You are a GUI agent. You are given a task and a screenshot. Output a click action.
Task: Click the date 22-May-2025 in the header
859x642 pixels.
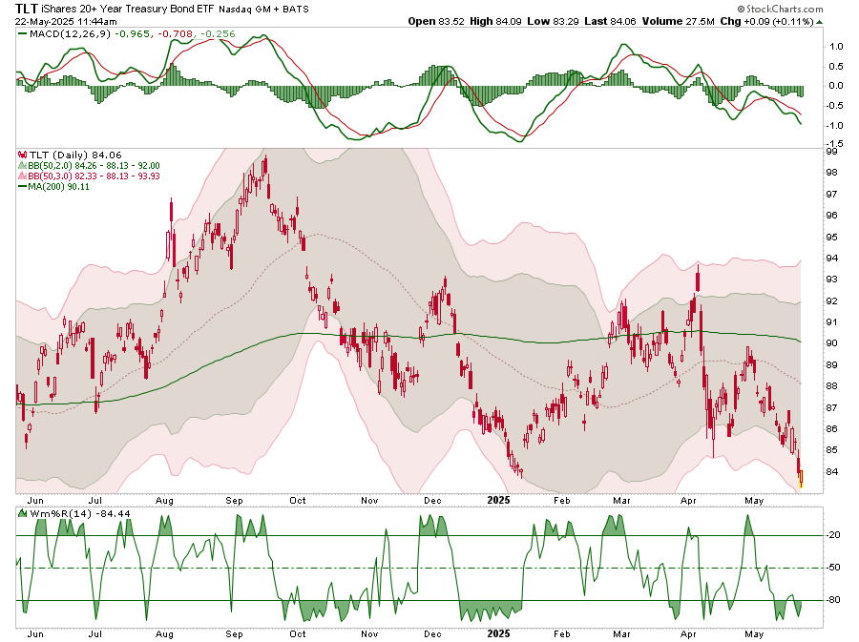pos(48,21)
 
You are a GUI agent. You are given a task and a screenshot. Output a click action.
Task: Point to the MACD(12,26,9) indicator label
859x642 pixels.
pos(59,34)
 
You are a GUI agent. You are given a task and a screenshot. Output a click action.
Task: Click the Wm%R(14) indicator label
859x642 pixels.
pos(52,514)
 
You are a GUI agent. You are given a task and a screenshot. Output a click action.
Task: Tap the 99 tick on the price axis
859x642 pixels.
pos(831,151)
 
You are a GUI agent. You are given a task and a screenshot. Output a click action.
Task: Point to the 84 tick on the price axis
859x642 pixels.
pos(831,472)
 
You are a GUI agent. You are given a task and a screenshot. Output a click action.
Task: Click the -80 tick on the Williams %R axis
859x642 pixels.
pos(832,600)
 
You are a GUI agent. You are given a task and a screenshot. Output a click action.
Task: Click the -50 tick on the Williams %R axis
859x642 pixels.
pos(832,568)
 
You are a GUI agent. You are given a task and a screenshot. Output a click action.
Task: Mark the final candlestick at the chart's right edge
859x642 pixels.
pos(801,477)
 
